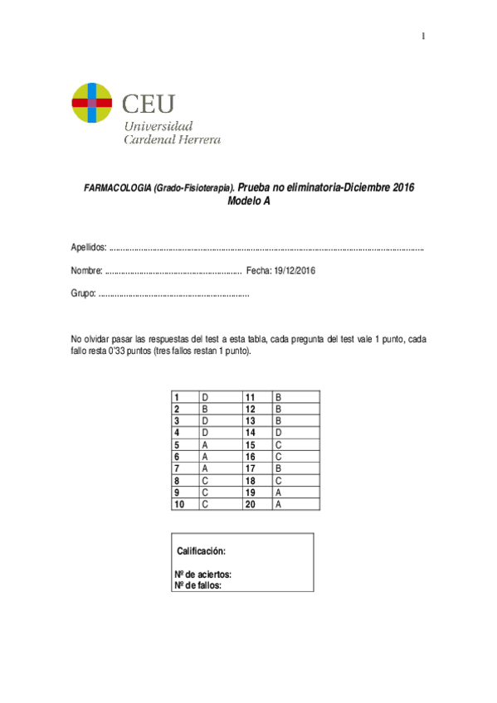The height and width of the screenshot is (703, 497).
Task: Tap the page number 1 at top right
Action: click(422, 36)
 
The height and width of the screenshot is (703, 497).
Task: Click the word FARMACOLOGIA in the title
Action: click(116, 188)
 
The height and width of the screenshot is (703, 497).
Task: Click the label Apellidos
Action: click(88, 248)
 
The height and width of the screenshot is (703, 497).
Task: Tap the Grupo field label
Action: click(84, 294)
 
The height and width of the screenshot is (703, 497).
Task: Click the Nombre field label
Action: click(86, 271)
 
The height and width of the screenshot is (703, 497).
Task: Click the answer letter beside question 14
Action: click(279, 433)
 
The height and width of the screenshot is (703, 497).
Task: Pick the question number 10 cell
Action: click(180, 503)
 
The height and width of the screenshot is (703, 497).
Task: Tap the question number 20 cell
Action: click(251, 503)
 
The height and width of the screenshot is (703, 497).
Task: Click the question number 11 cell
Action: click(251, 397)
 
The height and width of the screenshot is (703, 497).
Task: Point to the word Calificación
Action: click(202, 551)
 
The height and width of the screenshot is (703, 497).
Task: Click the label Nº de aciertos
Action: click(202, 574)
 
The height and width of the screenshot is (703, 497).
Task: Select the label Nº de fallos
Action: click(198, 584)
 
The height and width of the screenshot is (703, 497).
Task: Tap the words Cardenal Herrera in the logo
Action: click(172, 140)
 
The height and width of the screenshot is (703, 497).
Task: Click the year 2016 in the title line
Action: click(403, 188)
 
